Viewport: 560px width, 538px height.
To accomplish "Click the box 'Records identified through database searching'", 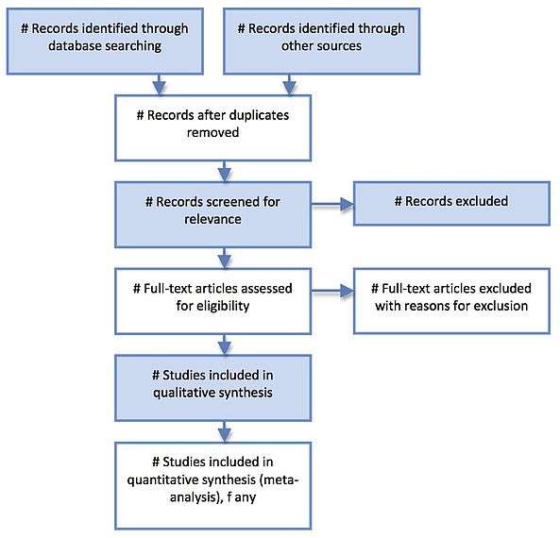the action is coord(105,42).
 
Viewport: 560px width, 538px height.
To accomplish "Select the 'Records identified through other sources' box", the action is coord(321,42).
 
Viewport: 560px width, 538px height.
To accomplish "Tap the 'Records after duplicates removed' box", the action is coord(212,127).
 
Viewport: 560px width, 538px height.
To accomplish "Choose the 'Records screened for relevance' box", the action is coord(212,214).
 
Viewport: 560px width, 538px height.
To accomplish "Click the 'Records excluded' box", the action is coord(451,204).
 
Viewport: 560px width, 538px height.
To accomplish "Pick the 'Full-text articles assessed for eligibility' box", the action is coord(212,301).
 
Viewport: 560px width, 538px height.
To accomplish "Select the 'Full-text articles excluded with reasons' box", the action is coord(451,301).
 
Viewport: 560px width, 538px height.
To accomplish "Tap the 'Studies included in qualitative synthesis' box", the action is coord(212,388).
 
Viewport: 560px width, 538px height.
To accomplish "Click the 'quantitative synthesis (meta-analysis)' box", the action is coord(212,486).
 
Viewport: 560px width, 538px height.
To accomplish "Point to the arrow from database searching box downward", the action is coord(160,85).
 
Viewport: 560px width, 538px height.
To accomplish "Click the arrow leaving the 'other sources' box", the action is coord(289,85).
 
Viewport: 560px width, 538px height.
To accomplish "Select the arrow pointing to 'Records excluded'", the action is coord(332,204).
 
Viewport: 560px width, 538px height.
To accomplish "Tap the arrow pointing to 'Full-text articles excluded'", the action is coord(332,291).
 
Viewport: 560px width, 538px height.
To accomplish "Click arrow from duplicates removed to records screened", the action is coord(225,172).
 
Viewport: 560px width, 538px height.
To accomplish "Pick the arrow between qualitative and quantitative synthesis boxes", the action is coord(225,431).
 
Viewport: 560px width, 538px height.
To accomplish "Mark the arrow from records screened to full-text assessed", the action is coord(225,258).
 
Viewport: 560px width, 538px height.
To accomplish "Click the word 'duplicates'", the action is coord(259,116).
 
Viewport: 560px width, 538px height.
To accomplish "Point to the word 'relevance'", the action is coord(212,219).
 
